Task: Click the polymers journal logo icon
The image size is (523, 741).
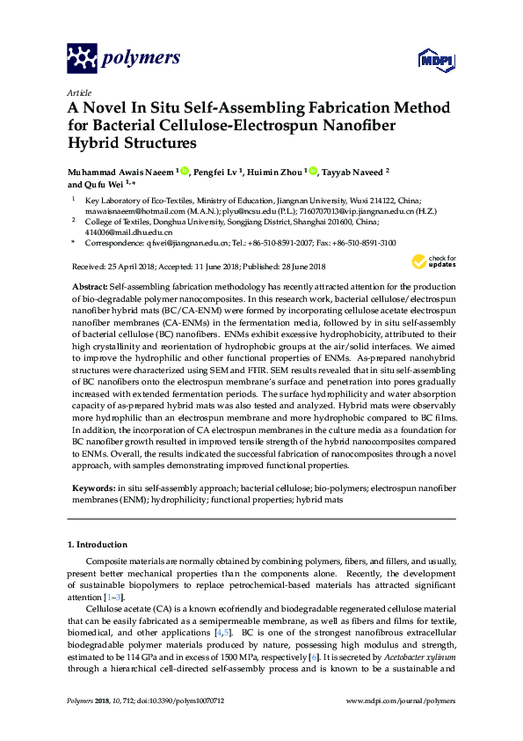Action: [x=83, y=59]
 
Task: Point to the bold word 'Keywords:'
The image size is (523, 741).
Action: [x=91, y=487]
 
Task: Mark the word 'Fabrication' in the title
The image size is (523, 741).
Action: [x=335, y=109]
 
